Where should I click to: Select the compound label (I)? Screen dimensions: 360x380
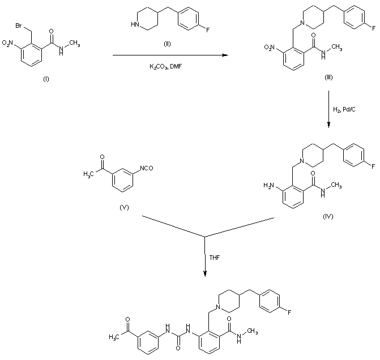pyautogui.click(x=46, y=79)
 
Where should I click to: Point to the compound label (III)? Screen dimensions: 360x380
pyautogui.click(x=328, y=78)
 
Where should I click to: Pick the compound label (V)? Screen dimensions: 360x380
pyautogui.click(x=124, y=207)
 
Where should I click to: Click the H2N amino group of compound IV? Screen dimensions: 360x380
pyautogui.click(x=270, y=185)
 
